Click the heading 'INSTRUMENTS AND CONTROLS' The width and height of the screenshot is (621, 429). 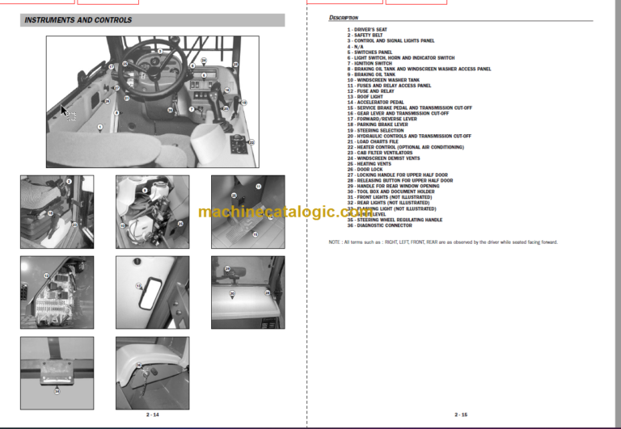click(x=78, y=20)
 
